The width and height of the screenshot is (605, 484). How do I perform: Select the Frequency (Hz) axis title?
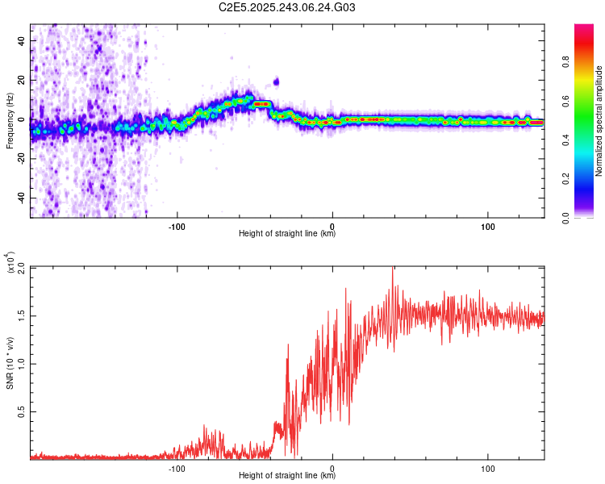click(x=10, y=121)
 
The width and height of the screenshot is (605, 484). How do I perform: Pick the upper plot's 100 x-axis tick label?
click(x=487, y=225)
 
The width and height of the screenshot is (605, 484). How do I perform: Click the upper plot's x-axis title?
click(x=287, y=234)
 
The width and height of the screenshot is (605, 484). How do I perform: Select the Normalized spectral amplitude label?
click(x=599, y=121)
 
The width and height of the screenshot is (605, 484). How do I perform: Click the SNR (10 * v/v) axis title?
click(x=10, y=363)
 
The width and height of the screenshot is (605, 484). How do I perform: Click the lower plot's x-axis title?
click(x=287, y=475)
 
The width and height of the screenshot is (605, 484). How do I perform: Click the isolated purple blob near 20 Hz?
click(x=276, y=81)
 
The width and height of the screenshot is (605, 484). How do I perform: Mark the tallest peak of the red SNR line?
click(x=393, y=269)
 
